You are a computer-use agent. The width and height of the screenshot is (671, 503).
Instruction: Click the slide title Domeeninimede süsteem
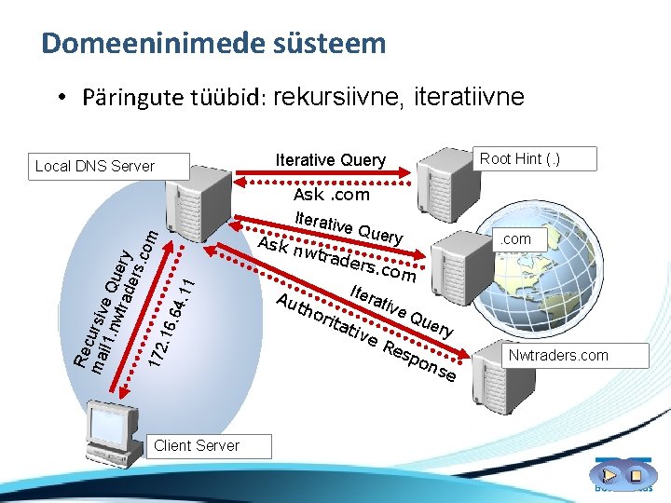pyautogui.click(x=213, y=43)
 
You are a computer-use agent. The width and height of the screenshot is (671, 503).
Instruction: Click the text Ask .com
pyautogui.click(x=331, y=195)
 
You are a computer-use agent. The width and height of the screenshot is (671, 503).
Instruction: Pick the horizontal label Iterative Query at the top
pyautogui.click(x=331, y=160)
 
